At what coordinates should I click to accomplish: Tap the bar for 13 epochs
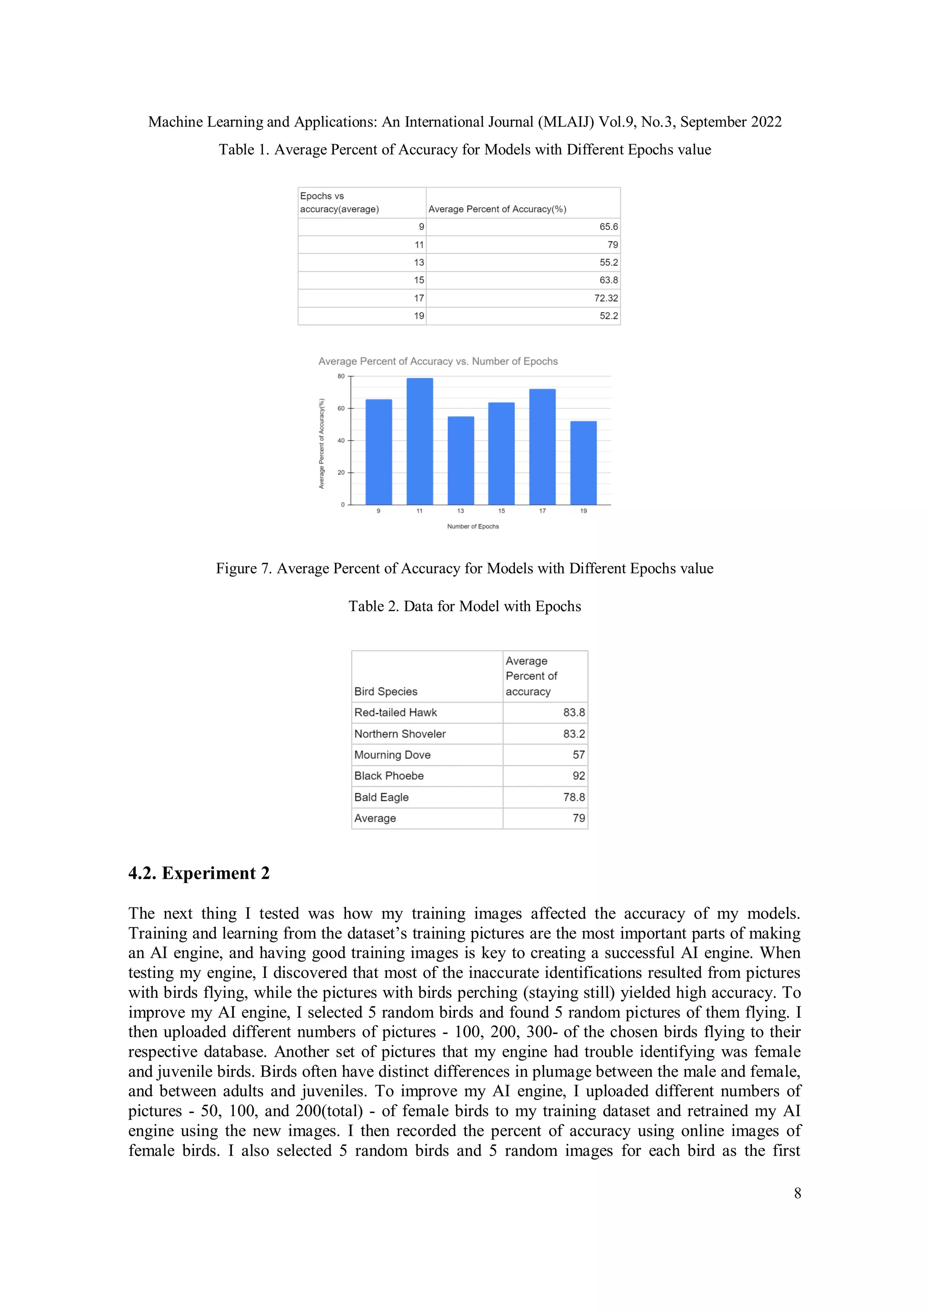coord(460,461)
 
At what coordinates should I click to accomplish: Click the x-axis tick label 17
coord(542,511)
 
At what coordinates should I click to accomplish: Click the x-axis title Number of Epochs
coord(473,526)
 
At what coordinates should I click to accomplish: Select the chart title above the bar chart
coord(438,361)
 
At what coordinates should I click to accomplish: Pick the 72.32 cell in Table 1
coord(606,298)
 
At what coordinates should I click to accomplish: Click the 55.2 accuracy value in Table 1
coord(609,263)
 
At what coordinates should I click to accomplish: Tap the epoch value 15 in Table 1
coord(419,280)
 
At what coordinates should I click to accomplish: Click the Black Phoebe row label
coord(390,776)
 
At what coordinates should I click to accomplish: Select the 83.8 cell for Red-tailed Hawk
coord(574,712)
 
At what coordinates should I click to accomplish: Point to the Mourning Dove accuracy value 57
coord(579,755)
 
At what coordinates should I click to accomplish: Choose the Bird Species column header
coord(386,691)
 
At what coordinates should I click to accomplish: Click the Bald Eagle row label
coord(381,797)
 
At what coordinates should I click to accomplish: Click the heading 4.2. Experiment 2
coord(199,873)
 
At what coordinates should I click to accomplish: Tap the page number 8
coord(797,1193)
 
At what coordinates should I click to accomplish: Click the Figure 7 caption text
coord(465,568)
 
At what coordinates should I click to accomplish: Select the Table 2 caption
coord(465,607)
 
